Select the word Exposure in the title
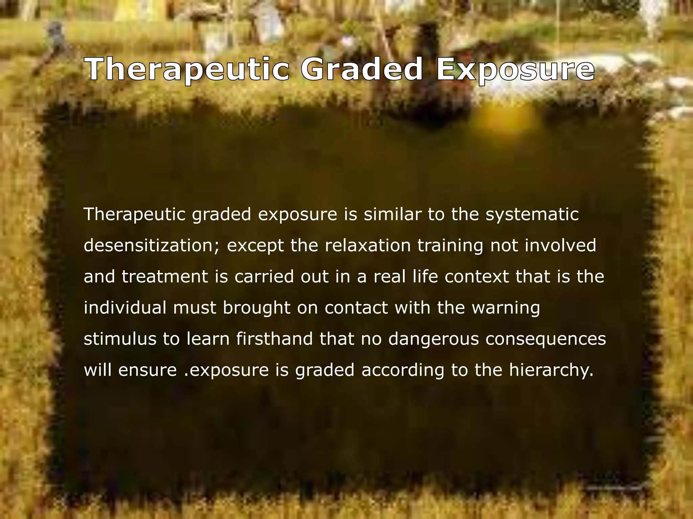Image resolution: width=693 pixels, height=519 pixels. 515,69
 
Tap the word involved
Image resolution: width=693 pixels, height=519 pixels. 560,246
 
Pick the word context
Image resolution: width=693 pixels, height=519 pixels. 476,277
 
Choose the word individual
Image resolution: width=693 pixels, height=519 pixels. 125,308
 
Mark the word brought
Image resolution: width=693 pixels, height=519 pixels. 256,308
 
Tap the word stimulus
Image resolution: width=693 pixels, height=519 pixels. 120,339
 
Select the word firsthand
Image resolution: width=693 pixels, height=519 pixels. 274,339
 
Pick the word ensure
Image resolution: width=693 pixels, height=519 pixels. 148,370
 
